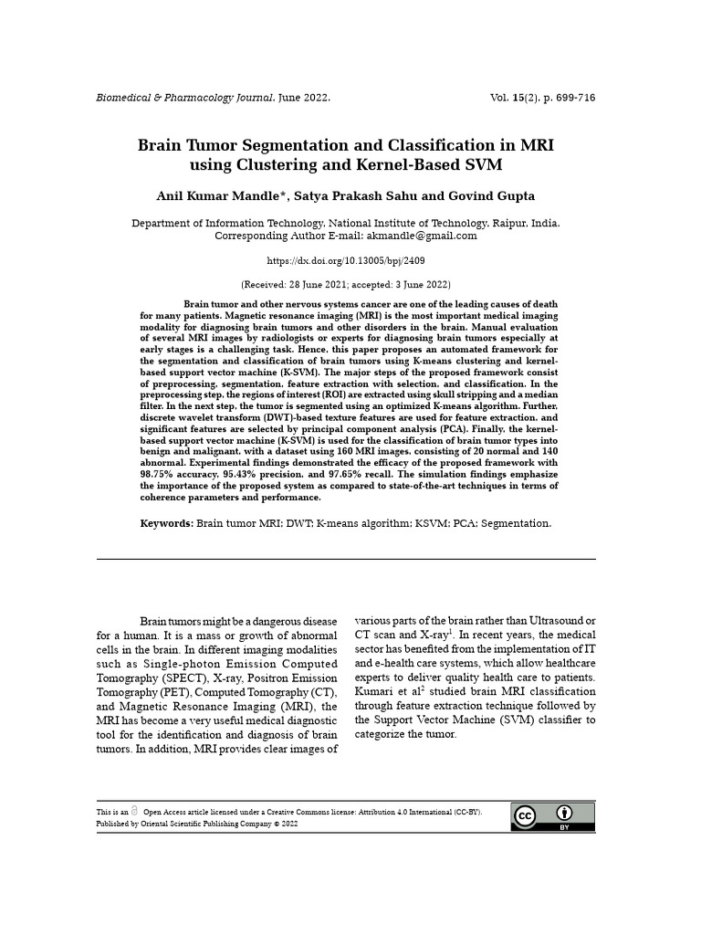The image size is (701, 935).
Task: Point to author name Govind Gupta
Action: pyautogui.click(x=491, y=196)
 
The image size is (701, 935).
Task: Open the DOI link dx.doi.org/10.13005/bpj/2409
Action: pyautogui.click(x=345, y=261)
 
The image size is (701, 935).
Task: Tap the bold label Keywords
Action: pyautogui.click(x=166, y=524)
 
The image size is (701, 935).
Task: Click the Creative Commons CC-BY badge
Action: pyautogui.click(x=552, y=816)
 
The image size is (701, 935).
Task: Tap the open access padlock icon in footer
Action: pyautogui.click(x=135, y=811)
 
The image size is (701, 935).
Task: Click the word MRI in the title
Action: pyautogui.click(x=534, y=145)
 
